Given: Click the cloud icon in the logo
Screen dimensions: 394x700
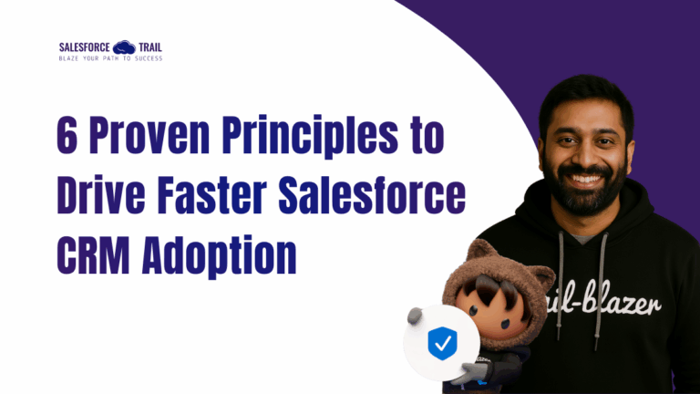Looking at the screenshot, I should click(x=124, y=47).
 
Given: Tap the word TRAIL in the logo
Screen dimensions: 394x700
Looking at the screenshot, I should click(x=149, y=47).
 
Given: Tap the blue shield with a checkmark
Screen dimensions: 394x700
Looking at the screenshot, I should click(x=441, y=344).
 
